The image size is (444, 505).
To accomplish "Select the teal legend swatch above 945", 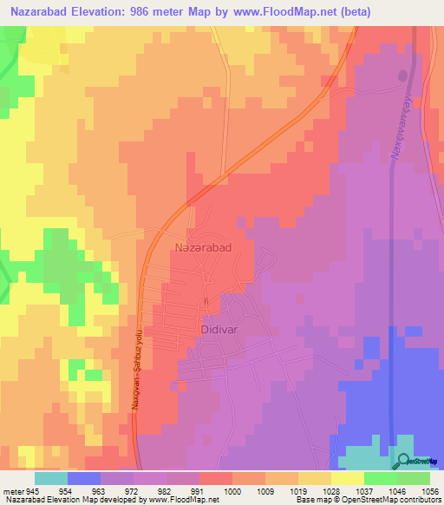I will click(x=50, y=478).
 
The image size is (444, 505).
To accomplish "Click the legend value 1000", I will click(x=232, y=490).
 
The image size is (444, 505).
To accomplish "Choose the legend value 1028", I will click(x=331, y=490).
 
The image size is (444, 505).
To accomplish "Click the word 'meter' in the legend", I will click(x=14, y=490).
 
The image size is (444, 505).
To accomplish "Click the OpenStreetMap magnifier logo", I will click(x=406, y=462).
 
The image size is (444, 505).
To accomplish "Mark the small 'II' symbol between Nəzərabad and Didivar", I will click(x=206, y=301).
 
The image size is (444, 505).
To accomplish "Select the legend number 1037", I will click(x=364, y=490).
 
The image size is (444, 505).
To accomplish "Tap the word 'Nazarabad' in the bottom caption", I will click(x=22, y=500).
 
